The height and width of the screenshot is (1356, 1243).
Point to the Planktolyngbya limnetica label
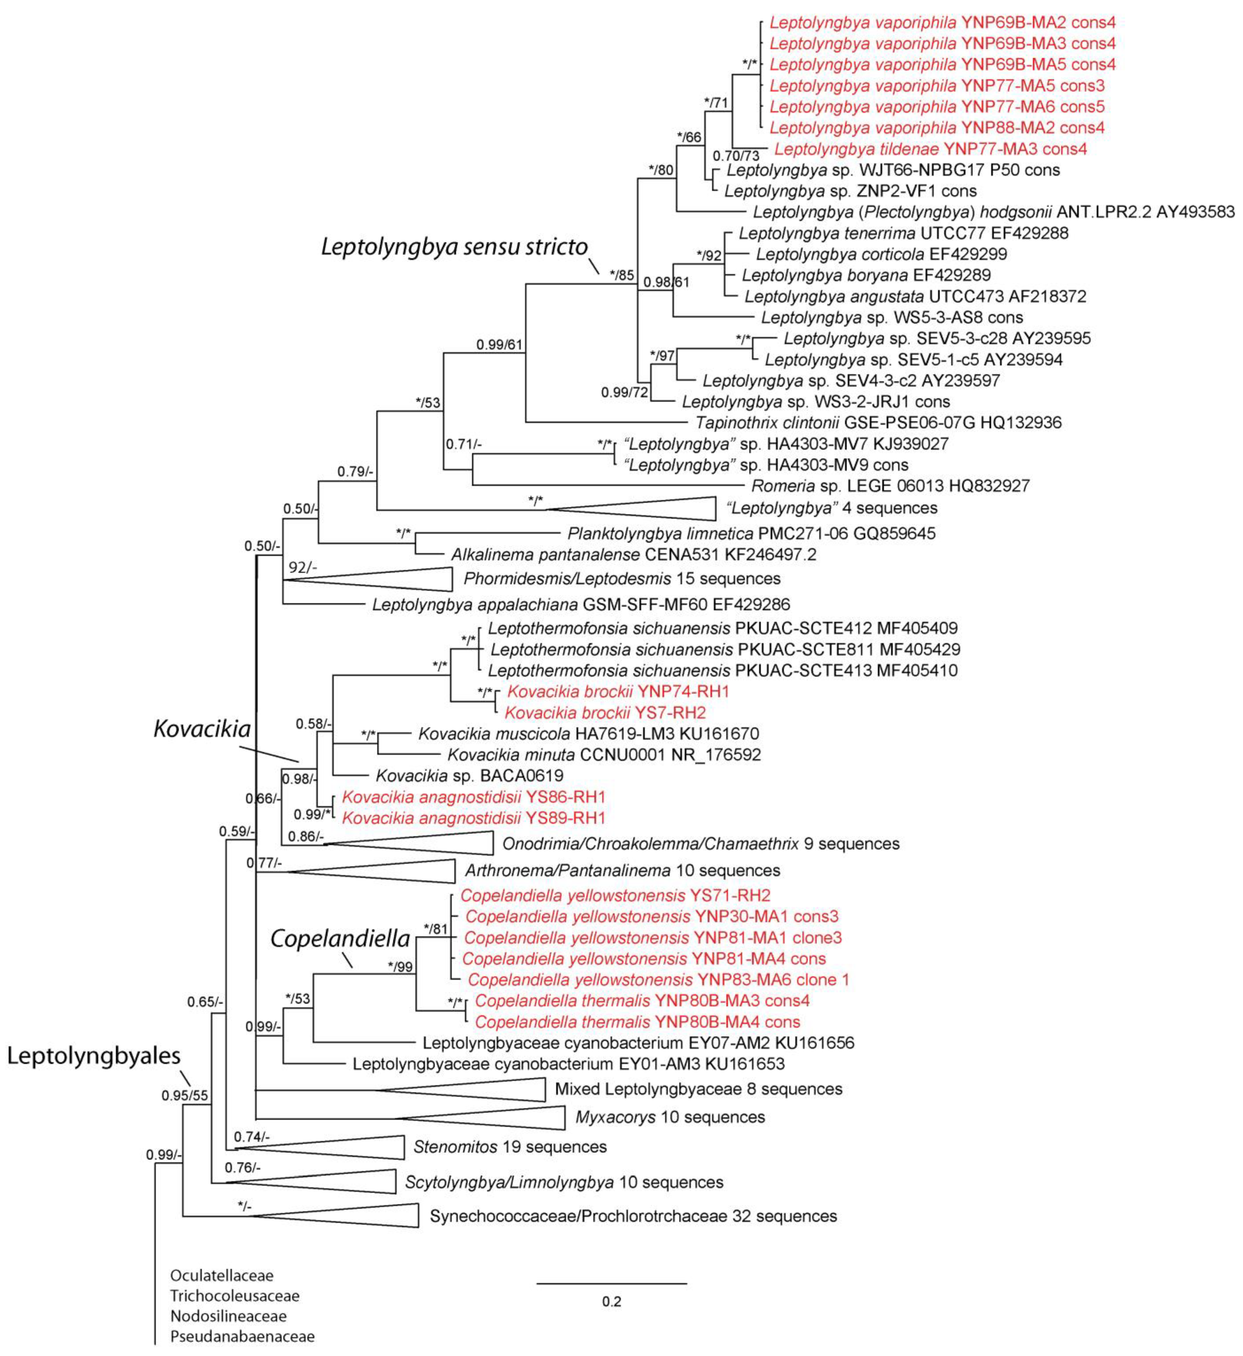pos(751,533)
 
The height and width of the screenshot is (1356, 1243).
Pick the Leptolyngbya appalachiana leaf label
pos(581,604)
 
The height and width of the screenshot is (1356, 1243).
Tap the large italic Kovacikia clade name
pos(202,728)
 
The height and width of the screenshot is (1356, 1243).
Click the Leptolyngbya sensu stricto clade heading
pos(454,247)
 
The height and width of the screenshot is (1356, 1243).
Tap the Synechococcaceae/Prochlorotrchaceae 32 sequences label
pos(633,1216)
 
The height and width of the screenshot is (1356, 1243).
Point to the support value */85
pos(622,275)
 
